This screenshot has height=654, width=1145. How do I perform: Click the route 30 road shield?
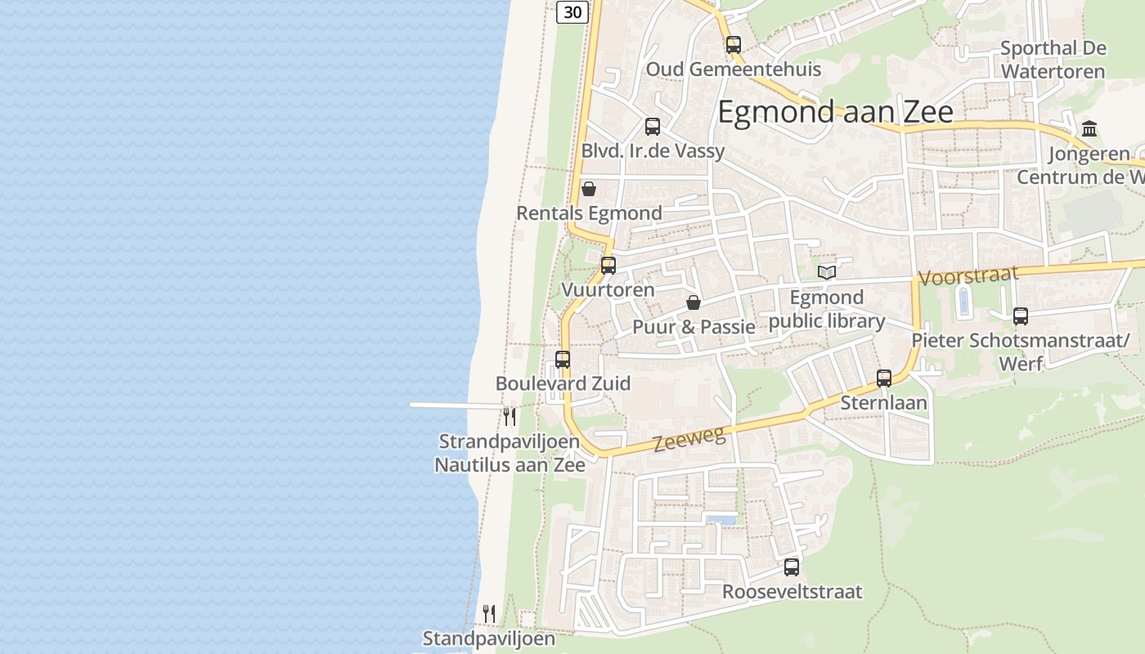[573, 11]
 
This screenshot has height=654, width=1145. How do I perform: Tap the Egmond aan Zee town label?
[835, 112]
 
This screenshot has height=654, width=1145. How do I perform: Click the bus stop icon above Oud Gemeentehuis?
[734, 45]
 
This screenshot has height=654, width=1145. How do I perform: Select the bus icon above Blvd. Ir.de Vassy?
[653, 127]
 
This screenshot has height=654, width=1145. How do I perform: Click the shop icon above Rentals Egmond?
[589, 190]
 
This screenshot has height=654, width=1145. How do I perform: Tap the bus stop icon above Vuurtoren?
[608, 266]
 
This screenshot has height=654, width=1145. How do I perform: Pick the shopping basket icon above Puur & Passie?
[694, 303]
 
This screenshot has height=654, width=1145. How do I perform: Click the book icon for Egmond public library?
[827, 272]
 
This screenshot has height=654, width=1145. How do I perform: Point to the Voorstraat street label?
[968, 276]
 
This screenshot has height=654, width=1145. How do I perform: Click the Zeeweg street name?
[689, 440]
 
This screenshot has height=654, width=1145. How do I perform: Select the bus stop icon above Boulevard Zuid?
[563, 360]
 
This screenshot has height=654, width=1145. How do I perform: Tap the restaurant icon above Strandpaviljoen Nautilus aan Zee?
[510, 417]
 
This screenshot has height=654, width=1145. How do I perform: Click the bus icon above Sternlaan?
[884, 379]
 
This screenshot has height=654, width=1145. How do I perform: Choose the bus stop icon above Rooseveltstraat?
[792, 567]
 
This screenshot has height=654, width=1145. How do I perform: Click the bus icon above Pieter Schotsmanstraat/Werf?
[1020, 316]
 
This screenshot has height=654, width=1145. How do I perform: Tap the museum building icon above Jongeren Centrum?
[1089, 129]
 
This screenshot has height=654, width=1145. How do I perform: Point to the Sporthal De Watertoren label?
[1053, 60]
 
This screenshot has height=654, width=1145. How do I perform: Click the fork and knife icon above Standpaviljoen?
[489, 613]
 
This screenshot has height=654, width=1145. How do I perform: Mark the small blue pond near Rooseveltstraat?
[721, 520]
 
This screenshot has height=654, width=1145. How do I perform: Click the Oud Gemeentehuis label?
[734, 69]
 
